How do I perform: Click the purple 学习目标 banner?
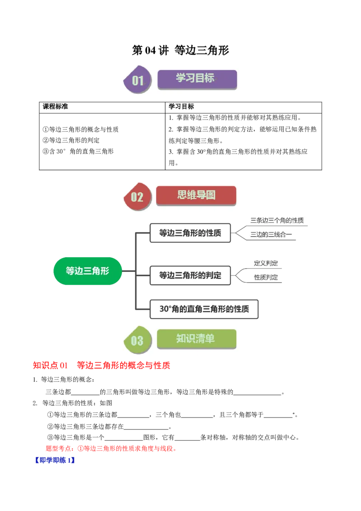pyautogui.click(x=197, y=79)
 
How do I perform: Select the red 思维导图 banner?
pyautogui.click(x=196, y=195)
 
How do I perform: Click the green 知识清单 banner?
pyautogui.click(x=196, y=339)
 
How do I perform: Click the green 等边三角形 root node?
pyautogui.click(x=88, y=270)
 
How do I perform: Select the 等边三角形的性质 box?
pyautogui.click(x=190, y=233)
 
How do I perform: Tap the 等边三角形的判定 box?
pyautogui.click(x=190, y=275)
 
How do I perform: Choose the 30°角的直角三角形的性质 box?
pyautogui.click(x=204, y=310)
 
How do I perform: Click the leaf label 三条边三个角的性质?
pyautogui.click(x=277, y=221)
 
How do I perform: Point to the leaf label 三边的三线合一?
pyautogui.click(x=271, y=234)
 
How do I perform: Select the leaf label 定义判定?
pyautogui.click(x=266, y=263)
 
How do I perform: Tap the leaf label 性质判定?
pyautogui.click(x=266, y=277)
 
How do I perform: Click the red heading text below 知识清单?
pyautogui.click(x=102, y=366)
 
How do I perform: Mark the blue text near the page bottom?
pyautogui.click(x=54, y=461)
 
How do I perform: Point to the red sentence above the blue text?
pyautogui.click(x=110, y=449)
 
